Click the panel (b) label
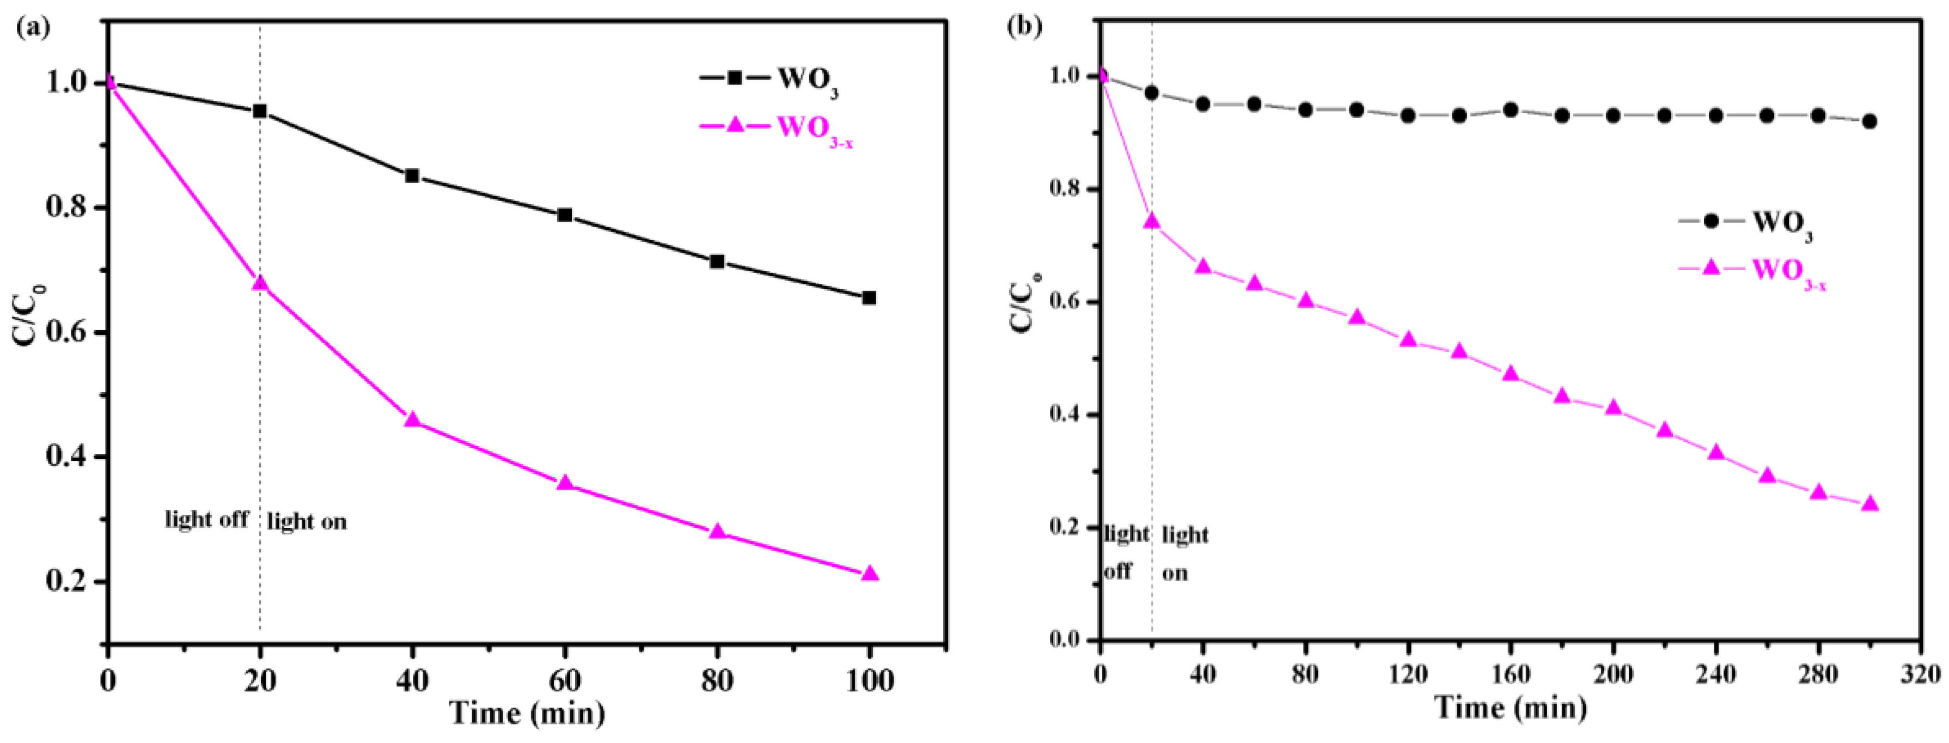click(1026, 28)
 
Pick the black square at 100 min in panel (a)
click(869, 298)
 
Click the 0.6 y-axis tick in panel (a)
click(68, 333)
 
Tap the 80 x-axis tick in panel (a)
click(717, 681)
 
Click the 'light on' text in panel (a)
click(307, 521)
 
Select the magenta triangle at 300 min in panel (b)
click(1869, 504)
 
